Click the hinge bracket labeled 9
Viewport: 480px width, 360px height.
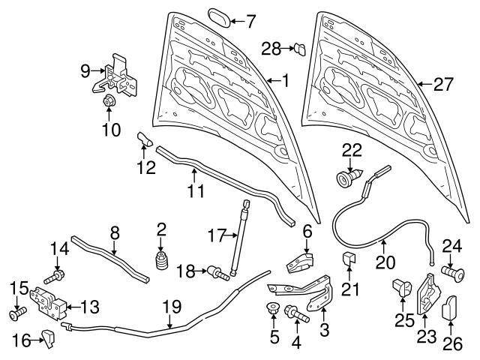coord(121,73)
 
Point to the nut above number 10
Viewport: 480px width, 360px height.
coord(108,101)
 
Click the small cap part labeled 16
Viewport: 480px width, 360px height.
coord(50,339)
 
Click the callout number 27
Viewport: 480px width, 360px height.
coord(443,85)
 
